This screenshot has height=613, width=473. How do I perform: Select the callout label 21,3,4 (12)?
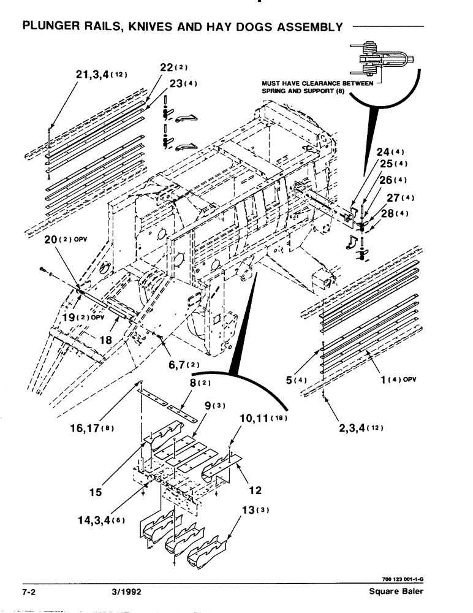(x=100, y=75)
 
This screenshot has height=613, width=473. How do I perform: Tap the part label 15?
(x=96, y=492)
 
